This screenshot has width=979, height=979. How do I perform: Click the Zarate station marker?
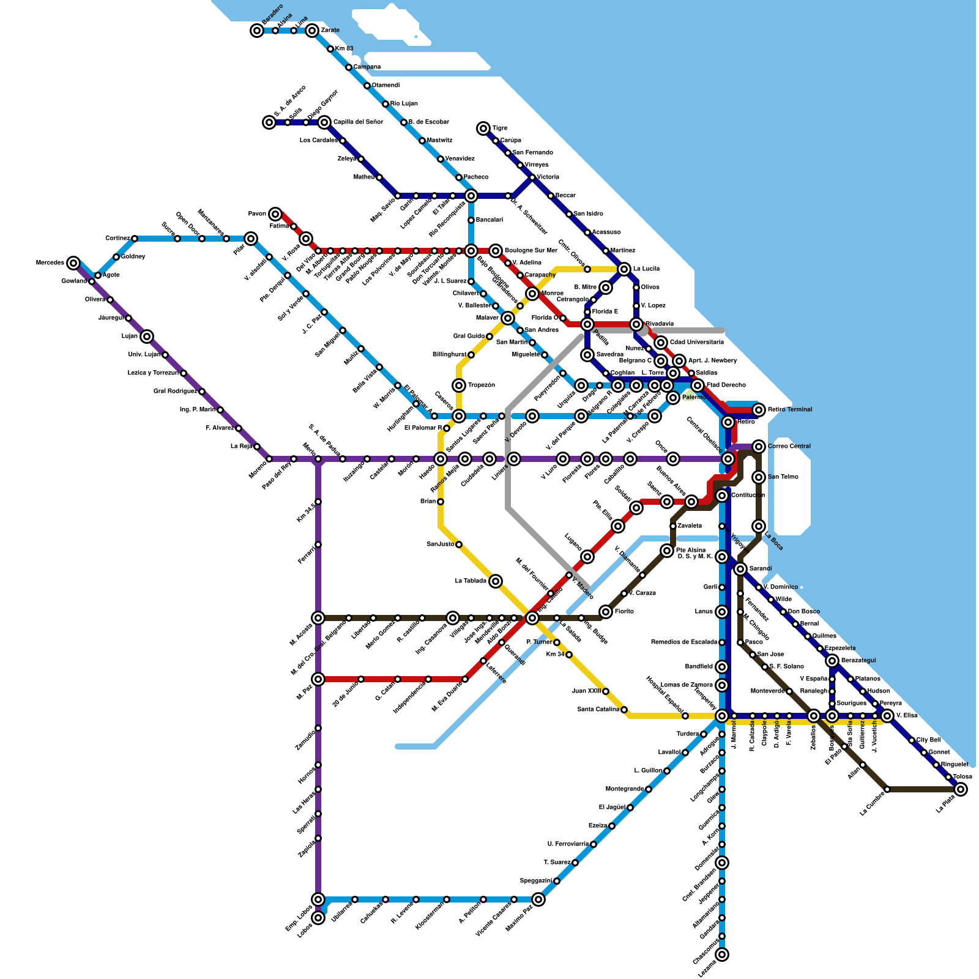point(312,31)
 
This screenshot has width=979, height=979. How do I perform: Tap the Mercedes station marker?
point(73,263)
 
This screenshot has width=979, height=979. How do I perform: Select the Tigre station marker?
point(483,128)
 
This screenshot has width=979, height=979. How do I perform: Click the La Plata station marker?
point(961,789)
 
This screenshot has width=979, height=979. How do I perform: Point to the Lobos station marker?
point(318,918)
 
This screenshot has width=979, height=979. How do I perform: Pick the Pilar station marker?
point(251,239)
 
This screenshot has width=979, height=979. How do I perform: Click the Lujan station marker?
point(147,337)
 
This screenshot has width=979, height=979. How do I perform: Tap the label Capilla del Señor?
point(358,122)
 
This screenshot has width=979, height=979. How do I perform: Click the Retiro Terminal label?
point(790,410)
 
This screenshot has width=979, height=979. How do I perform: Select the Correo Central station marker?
point(759,447)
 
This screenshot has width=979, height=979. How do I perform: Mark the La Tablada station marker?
point(496,581)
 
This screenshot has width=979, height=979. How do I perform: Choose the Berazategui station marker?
point(832,661)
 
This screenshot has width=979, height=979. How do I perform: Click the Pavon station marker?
point(275,214)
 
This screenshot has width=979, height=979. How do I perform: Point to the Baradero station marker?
point(257,31)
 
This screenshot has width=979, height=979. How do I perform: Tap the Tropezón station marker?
point(459,385)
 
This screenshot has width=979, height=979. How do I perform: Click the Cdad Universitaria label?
point(696,343)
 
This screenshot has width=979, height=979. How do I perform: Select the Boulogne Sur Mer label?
point(530,251)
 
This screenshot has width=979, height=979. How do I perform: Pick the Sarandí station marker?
point(740,569)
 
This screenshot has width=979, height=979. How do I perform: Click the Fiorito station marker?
point(606,612)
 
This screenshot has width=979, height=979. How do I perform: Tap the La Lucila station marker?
point(624,269)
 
